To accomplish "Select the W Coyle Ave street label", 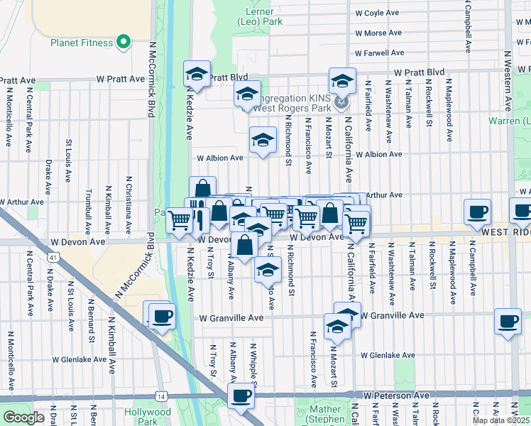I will click(380, 13).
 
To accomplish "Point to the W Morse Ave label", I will click(380, 33).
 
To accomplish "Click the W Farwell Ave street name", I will click(380, 53).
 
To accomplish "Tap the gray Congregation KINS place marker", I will click(342, 104).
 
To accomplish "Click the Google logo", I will click(23, 417).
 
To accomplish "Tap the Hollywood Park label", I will click(148, 417).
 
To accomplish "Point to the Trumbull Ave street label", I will click(89, 211).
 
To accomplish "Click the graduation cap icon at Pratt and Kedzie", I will click(197, 74).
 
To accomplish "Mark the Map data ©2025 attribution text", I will click(501, 420).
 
